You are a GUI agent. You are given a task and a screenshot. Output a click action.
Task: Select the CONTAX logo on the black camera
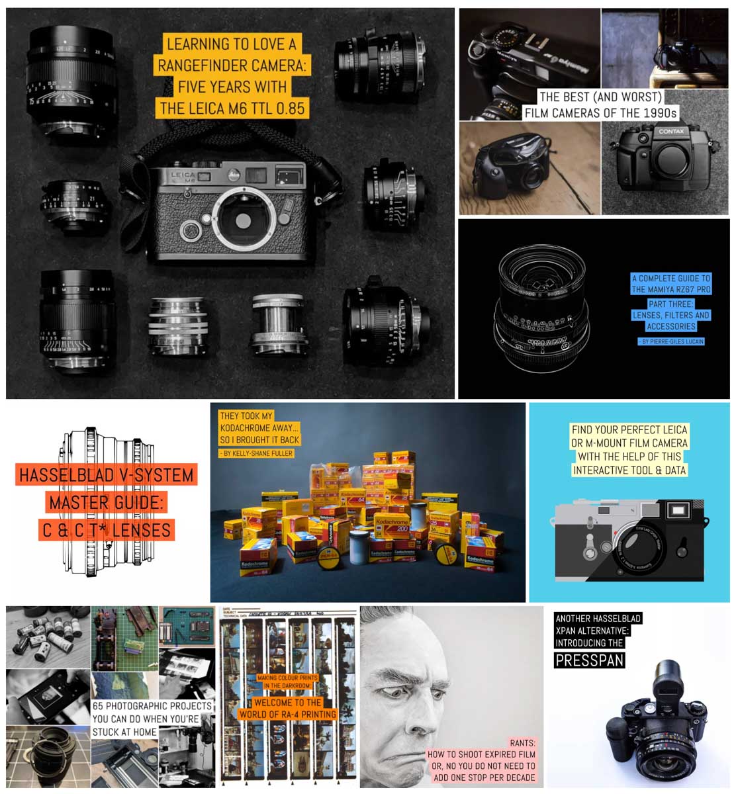click(x=670, y=132)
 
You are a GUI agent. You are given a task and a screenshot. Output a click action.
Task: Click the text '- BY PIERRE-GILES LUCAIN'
click(x=670, y=341)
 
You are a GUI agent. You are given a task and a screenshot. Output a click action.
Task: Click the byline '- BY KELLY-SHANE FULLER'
click(x=256, y=453)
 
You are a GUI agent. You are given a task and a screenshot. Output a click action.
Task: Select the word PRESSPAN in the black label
click(x=590, y=660)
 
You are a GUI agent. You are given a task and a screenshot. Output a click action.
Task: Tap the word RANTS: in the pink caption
click(x=522, y=742)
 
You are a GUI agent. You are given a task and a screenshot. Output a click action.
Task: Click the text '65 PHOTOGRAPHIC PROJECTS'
click(x=152, y=706)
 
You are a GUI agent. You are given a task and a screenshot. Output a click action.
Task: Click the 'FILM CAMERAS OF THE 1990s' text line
click(x=601, y=112)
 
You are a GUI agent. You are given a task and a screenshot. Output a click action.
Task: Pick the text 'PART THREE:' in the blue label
click(x=670, y=303)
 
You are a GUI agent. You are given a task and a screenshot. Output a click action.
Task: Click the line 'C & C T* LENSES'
click(x=107, y=530)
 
